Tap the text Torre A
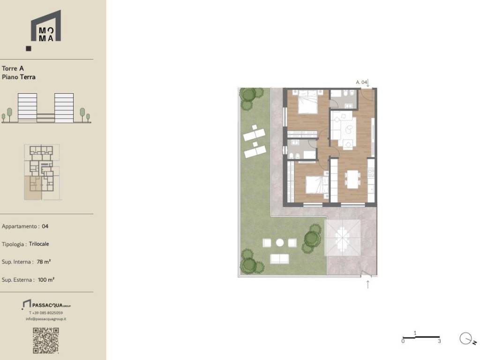coord(13,68)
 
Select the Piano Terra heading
coord(19,77)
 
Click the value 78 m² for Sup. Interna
coord(44,262)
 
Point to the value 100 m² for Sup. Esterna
coord(46,279)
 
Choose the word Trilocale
coord(39,244)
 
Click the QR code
coord(45,340)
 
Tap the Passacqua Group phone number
coord(46,313)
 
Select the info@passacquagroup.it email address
coord(46,319)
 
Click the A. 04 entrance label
coord(361,82)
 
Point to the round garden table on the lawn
coord(280,243)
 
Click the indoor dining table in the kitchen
coord(353,179)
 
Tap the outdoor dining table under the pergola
coord(342,238)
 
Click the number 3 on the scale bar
coord(439,341)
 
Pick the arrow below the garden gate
coord(367,285)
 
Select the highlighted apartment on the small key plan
coord(33,187)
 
